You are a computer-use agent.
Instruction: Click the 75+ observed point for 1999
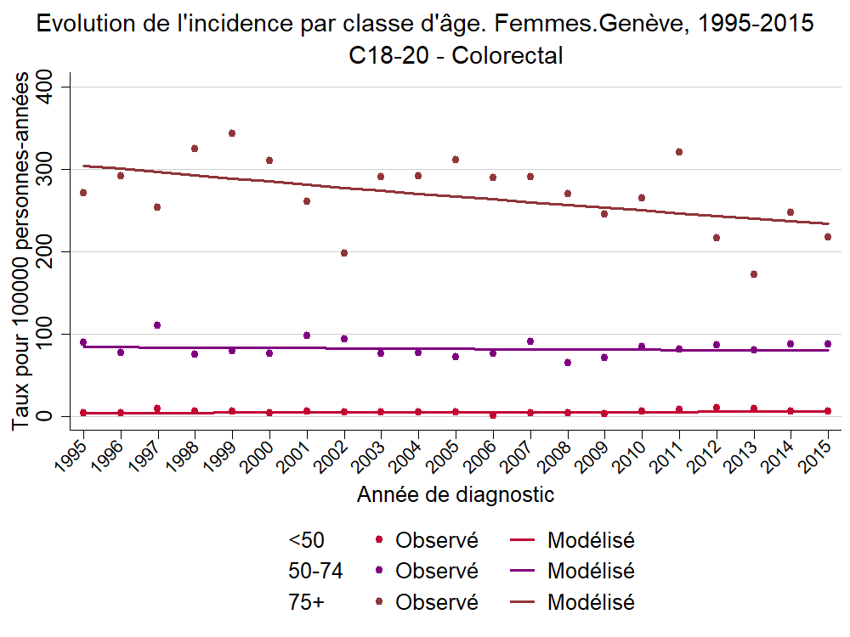pyautogui.click(x=232, y=133)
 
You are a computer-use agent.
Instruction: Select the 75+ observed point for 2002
pyautogui.click(x=344, y=253)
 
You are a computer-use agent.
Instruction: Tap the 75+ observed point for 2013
pyautogui.click(x=754, y=274)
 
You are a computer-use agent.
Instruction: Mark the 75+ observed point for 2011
pyautogui.click(x=679, y=152)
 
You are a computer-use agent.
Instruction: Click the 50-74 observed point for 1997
pyautogui.click(x=157, y=325)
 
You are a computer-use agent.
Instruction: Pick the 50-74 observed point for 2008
pyautogui.click(x=568, y=363)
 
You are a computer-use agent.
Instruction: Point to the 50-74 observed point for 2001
pyautogui.click(x=307, y=335)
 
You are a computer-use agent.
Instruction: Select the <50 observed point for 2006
pyautogui.click(x=493, y=415)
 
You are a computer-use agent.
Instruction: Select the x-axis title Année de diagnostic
pyautogui.click(x=456, y=494)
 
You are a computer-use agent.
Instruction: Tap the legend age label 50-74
pyautogui.click(x=315, y=571)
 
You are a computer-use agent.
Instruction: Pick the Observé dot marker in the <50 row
pyautogui.click(x=379, y=539)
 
